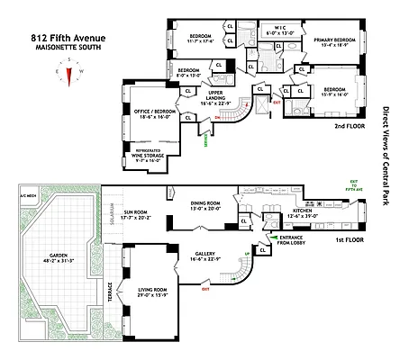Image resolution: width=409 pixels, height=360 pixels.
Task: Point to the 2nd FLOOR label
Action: [346, 128]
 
